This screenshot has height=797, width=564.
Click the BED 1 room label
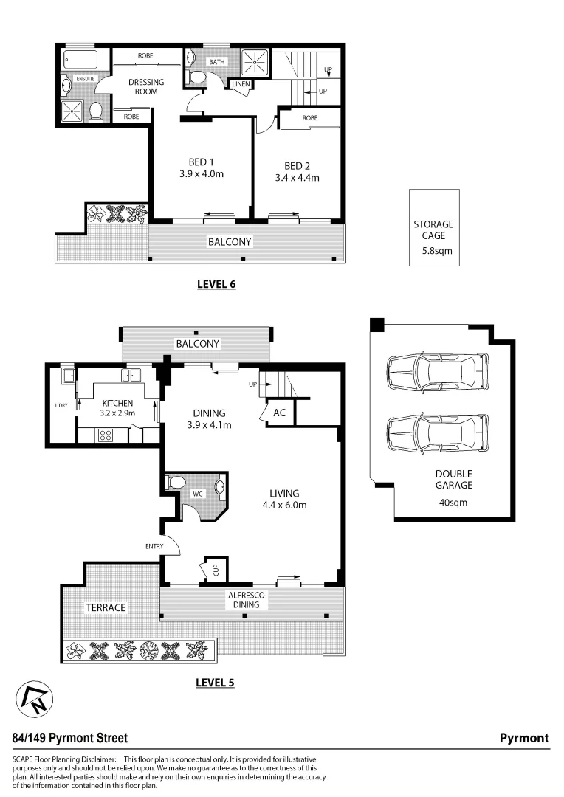click(202, 162)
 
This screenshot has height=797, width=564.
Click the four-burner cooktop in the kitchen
click(104, 435)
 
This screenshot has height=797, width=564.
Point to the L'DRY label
click(61, 405)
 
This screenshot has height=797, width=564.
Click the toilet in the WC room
click(176, 483)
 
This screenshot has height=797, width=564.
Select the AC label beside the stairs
click(279, 413)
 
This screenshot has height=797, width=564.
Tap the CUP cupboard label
click(216, 570)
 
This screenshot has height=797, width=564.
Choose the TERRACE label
click(106, 607)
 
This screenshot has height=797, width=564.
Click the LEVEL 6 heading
click(216, 284)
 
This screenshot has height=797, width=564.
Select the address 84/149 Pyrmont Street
click(70, 738)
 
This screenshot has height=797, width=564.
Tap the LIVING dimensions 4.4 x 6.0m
click(283, 506)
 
